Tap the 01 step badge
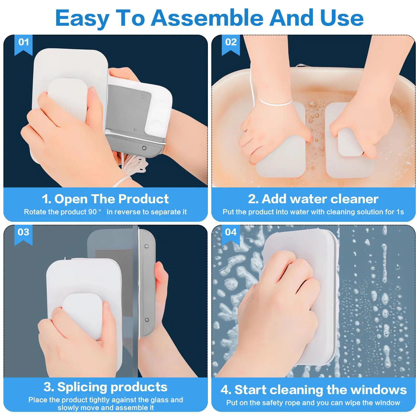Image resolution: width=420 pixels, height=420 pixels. point(23,43)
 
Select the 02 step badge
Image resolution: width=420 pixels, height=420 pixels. point(231,43)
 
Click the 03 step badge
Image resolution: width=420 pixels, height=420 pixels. point(23,232)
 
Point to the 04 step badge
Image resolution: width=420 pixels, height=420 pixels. point(231,232)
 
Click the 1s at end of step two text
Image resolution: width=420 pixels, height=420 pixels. point(400,212)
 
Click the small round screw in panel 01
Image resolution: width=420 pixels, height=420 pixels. point(144,148)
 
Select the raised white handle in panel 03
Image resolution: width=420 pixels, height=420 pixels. point(82,314)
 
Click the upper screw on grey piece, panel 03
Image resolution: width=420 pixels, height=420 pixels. point(147,246)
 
